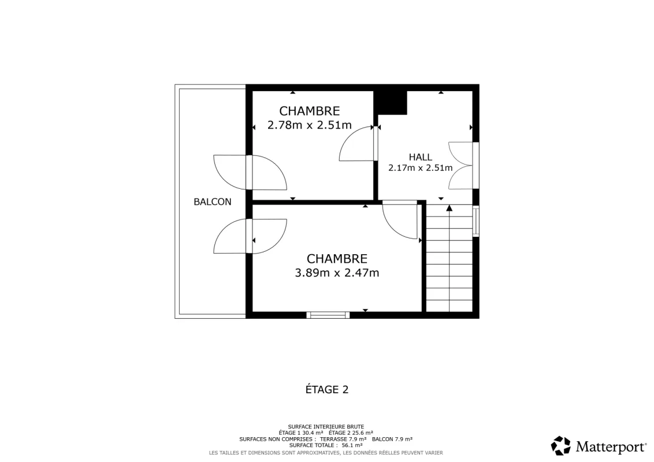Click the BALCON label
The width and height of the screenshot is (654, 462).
click(x=212, y=202)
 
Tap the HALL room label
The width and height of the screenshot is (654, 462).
click(x=421, y=157)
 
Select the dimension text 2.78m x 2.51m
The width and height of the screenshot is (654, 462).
click(x=310, y=125)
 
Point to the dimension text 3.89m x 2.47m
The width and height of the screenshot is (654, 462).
click(x=337, y=273)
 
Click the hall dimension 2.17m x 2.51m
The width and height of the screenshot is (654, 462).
click(x=421, y=168)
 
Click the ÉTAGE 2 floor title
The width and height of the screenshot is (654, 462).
click(x=327, y=389)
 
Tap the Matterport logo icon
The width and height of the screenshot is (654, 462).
click(x=561, y=446)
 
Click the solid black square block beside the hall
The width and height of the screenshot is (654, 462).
click(x=391, y=103)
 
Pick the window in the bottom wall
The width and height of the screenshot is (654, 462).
click(x=328, y=315)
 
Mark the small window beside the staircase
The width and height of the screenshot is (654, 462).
click(x=476, y=221)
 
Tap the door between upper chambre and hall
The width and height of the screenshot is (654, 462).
click(x=359, y=143)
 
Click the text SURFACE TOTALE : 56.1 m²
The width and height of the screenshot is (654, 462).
click(x=326, y=445)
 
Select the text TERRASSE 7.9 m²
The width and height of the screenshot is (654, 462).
click(x=343, y=439)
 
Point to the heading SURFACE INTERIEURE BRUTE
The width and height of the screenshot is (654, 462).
click(x=326, y=427)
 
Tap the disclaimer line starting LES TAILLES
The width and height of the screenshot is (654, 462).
click(x=326, y=453)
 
